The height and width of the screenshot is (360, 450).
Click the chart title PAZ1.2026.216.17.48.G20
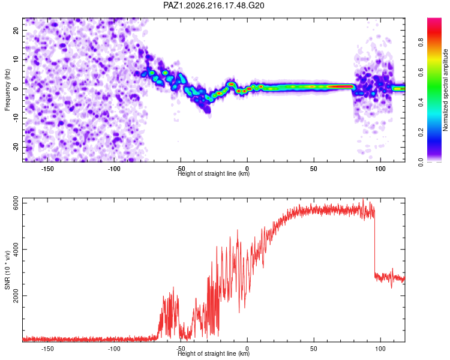pyautogui.click(x=214, y=5)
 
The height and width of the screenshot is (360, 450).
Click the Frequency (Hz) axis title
pyautogui.click(x=7, y=90)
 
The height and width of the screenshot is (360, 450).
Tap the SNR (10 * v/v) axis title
pyautogui.click(x=7, y=270)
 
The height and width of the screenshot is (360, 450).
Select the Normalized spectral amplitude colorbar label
pyautogui.click(x=445, y=90)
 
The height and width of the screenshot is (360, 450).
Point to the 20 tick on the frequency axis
pyautogui.click(x=16, y=30)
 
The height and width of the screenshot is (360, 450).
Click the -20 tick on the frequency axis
pyautogui.click(x=16, y=148)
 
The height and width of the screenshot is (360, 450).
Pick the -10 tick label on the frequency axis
pyautogui.click(x=16, y=118)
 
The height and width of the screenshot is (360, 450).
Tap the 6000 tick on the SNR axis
pyautogui.click(x=16, y=203)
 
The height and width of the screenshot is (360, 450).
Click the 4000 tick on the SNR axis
pyautogui.click(x=16, y=249)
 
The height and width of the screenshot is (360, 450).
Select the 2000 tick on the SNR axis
pyautogui.click(x=16, y=295)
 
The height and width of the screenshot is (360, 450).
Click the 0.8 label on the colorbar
pyautogui.click(x=421, y=43)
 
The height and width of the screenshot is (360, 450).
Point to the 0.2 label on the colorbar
pyautogui.click(x=421, y=133)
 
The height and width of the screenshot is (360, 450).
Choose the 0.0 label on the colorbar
pyautogui.click(x=421, y=162)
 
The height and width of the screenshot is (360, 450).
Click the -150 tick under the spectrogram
pyautogui.click(x=47, y=169)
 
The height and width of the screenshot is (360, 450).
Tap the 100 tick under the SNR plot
pyautogui.click(x=380, y=349)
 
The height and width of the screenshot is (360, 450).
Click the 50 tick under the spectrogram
pyautogui.click(x=314, y=169)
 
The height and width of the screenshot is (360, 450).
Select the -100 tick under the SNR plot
pyautogui.click(x=114, y=349)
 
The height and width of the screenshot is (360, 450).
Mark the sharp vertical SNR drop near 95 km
pyautogui.click(x=374, y=244)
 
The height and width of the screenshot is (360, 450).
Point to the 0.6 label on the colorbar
pyautogui.click(x=421, y=73)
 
